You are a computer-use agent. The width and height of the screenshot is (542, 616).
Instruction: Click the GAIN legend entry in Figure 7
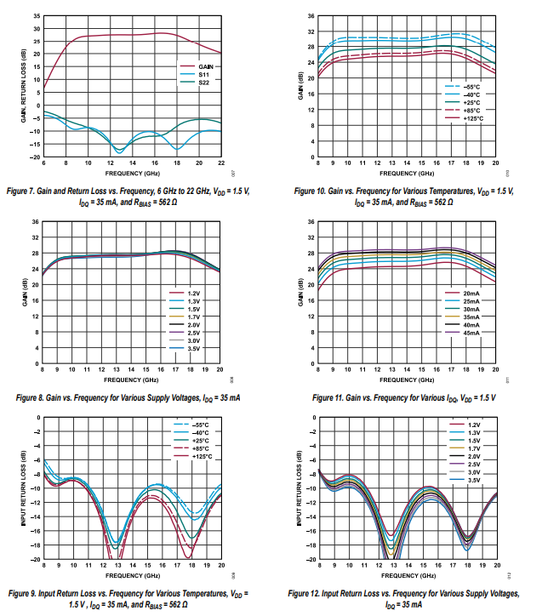[x=206, y=66]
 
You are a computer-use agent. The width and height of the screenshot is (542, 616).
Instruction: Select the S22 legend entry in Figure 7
[x=204, y=83]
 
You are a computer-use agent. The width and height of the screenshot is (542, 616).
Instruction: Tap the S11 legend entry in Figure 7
[x=204, y=74]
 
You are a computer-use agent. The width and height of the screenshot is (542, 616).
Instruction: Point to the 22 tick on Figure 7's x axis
[x=221, y=163]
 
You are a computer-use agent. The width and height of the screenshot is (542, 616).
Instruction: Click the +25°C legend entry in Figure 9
[x=201, y=441]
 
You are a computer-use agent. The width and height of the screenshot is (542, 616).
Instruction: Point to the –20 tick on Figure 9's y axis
[x=36, y=560]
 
